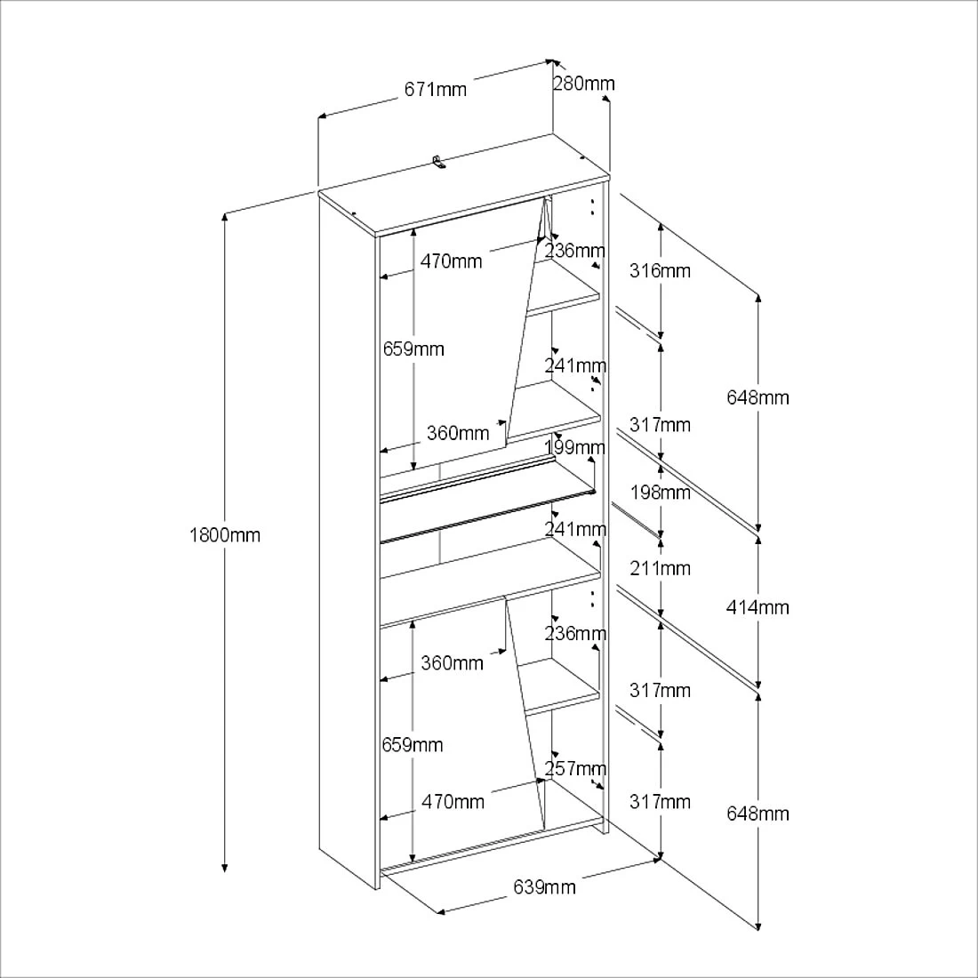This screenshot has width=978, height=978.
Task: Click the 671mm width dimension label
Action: coord(435,89)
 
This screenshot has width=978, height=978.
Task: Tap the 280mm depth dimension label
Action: coord(583,84)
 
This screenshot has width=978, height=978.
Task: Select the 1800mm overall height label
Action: coord(225,535)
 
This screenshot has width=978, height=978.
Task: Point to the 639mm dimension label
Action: coord(544,886)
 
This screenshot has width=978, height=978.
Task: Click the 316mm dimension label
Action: coord(660,270)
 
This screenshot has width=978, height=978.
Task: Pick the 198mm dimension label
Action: coord(660,492)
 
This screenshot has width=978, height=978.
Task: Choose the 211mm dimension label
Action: coord(660,568)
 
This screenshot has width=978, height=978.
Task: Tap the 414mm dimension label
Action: coord(758,607)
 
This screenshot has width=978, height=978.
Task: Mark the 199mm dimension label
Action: coord(575,446)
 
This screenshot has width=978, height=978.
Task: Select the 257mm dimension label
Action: coord(575,768)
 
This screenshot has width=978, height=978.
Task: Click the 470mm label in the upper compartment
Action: coord(451,261)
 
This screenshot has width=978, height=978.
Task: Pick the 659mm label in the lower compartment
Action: coord(413,745)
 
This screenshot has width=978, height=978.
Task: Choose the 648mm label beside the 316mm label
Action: coord(758,397)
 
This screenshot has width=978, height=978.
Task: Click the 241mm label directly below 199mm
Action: coord(575,530)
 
